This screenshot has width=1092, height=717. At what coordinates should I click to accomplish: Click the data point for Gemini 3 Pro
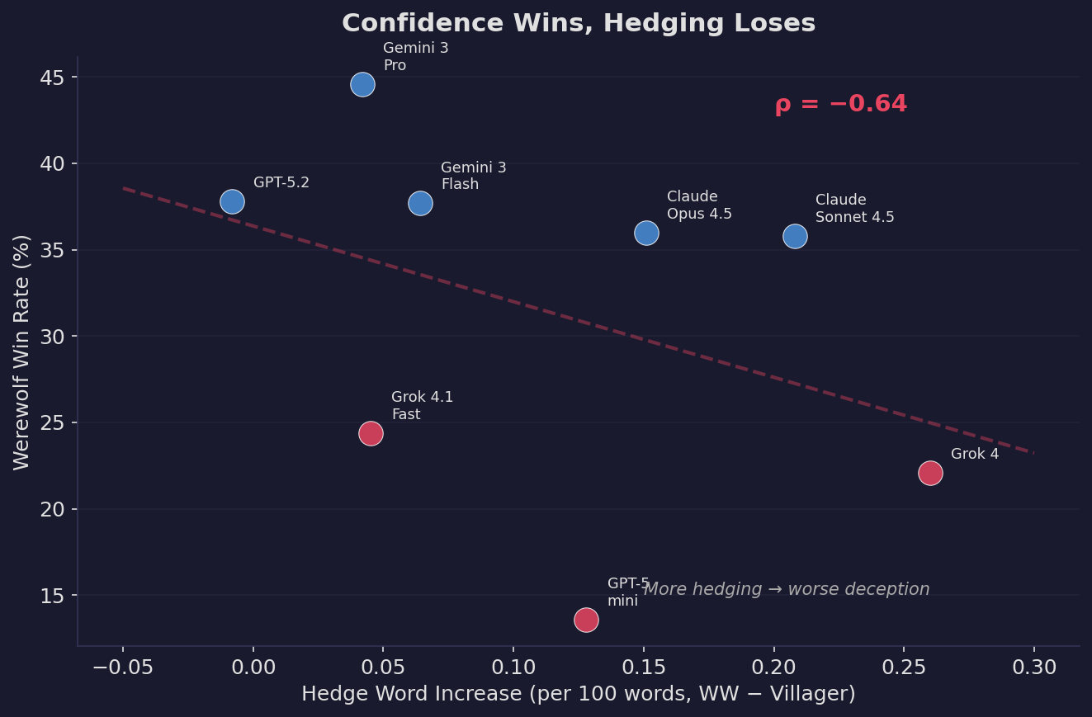point(362,84)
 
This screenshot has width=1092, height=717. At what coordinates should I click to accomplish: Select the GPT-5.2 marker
point(232,201)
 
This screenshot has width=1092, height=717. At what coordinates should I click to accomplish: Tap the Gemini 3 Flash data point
point(420,203)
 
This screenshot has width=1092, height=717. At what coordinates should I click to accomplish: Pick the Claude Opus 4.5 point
point(646,233)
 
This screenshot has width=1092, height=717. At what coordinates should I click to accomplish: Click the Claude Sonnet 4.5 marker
point(795,236)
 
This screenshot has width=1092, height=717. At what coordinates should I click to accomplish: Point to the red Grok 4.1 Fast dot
point(371,433)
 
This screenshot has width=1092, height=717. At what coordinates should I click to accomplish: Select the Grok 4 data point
point(930,473)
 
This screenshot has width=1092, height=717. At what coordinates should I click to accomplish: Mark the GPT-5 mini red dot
point(586,620)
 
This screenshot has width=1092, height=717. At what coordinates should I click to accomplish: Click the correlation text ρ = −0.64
point(840,105)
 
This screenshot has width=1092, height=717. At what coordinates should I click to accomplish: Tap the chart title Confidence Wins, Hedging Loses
point(579,24)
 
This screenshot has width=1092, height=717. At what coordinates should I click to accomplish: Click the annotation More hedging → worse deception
point(786,589)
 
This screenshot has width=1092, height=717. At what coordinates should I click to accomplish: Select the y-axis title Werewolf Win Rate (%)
point(22,352)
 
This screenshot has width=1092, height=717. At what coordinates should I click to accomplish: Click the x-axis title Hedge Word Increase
point(578,694)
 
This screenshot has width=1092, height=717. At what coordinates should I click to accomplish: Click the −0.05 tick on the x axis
point(123,667)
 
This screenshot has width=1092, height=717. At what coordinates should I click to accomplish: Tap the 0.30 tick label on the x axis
point(1033,667)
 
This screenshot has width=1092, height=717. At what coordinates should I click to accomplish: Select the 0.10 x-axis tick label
point(513,667)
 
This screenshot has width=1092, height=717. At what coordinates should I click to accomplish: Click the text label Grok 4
point(975,455)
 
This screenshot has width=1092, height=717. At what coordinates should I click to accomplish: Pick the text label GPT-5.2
point(281,183)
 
